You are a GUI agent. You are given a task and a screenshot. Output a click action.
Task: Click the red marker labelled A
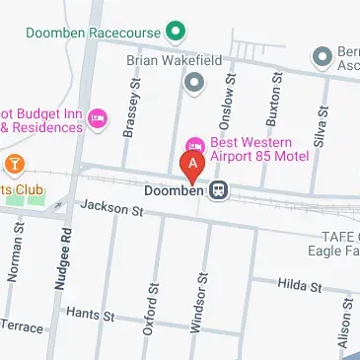tap(192, 164)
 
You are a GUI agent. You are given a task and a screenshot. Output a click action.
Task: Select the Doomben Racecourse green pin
tap(177, 33)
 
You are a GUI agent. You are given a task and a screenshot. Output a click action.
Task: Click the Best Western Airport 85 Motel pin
tap(193, 147)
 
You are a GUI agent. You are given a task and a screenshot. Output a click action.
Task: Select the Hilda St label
tap(300, 286)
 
